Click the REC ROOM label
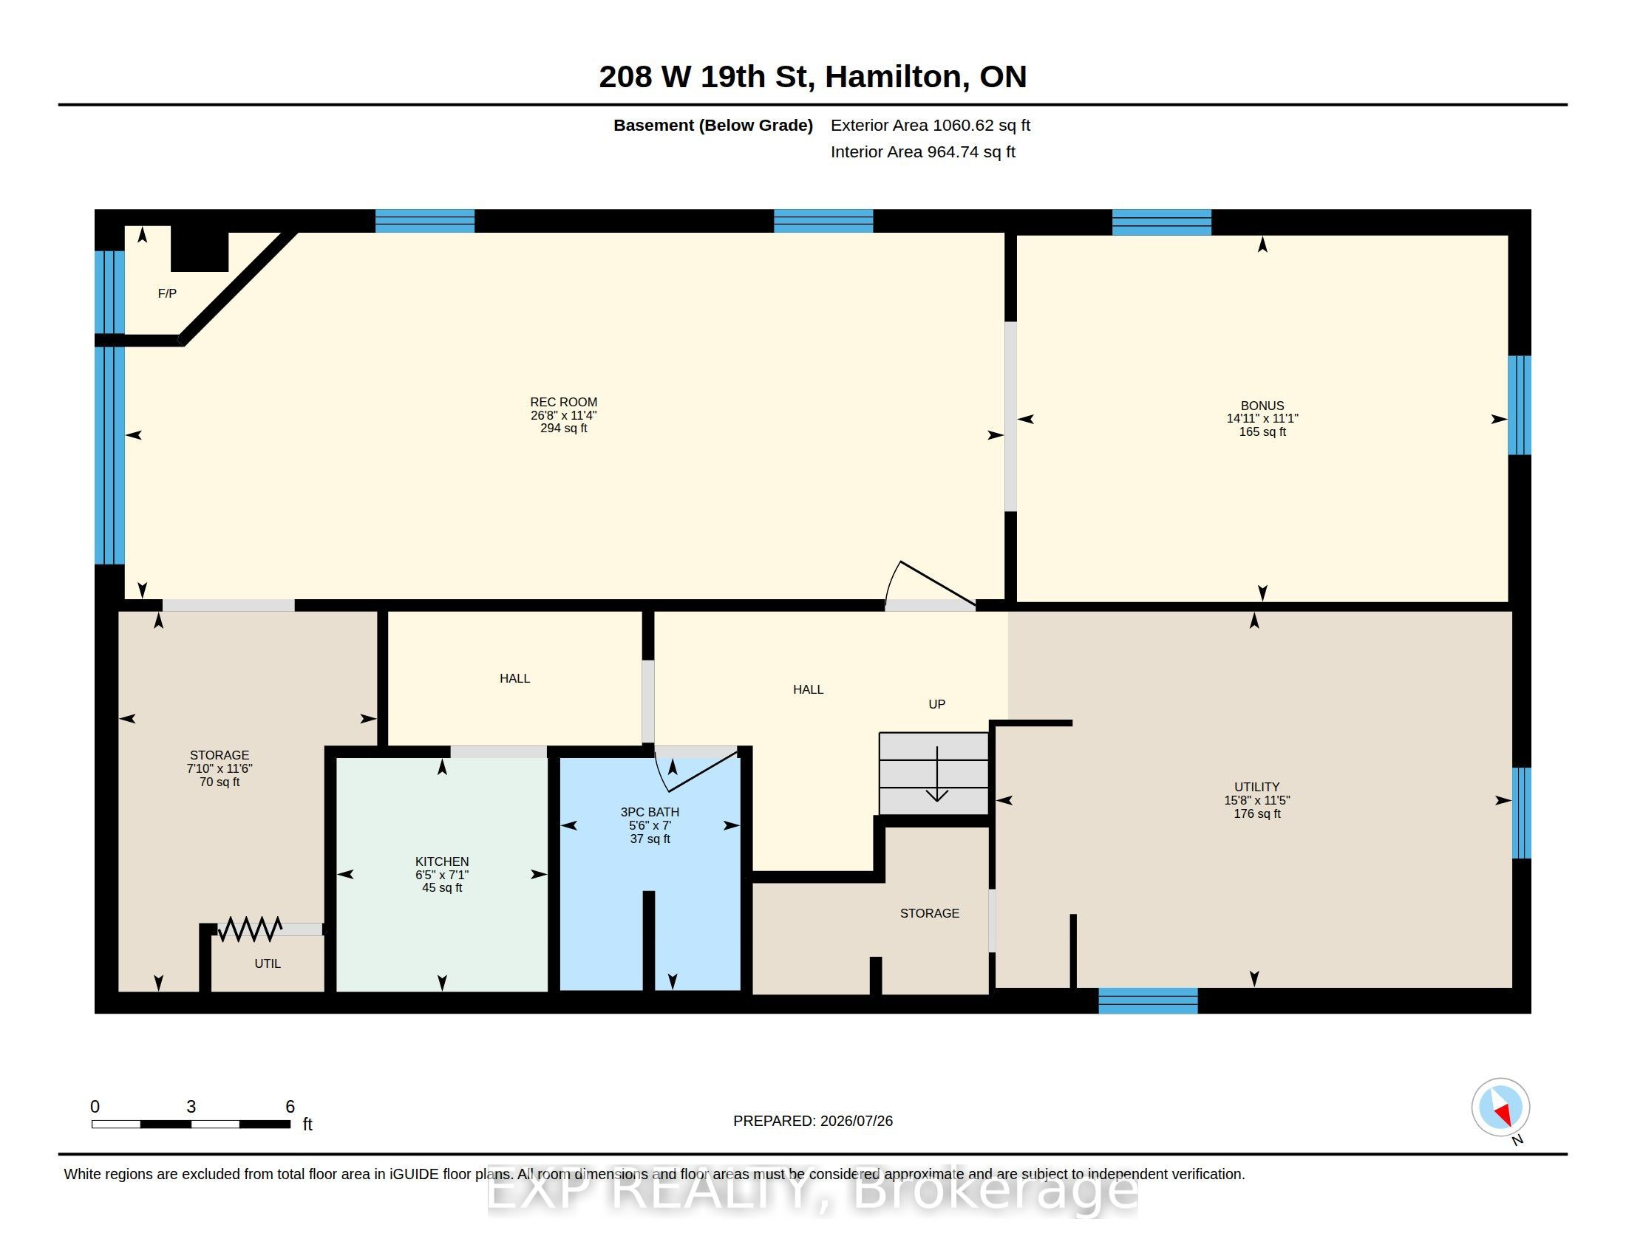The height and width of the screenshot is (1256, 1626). (564, 402)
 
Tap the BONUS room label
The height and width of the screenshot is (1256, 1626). (1262, 406)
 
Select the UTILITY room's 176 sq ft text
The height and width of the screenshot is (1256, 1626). (1256, 813)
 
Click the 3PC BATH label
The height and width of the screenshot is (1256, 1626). (650, 812)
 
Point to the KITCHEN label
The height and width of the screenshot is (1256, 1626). (442, 861)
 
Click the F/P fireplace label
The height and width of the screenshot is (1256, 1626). (168, 293)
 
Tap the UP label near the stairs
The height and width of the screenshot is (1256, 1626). (936, 704)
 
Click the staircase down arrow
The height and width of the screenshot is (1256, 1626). (936, 774)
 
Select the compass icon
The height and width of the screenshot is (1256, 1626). (1500, 1107)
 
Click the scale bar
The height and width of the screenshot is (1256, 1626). (191, 1124)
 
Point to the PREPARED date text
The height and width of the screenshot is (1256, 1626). (813, 1121)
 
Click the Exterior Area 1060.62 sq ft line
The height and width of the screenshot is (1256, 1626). (931, 125)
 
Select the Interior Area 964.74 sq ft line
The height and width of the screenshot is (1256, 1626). (923, 151)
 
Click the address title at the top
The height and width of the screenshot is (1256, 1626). (813, 77)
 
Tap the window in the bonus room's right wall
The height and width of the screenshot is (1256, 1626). (1520, 405)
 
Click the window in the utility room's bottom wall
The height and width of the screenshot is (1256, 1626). (1148, 1001)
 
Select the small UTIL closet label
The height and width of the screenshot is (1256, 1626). (268, 963)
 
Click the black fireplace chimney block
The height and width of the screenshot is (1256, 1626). (200, 248)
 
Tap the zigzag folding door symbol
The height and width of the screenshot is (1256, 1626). (249, 929)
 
